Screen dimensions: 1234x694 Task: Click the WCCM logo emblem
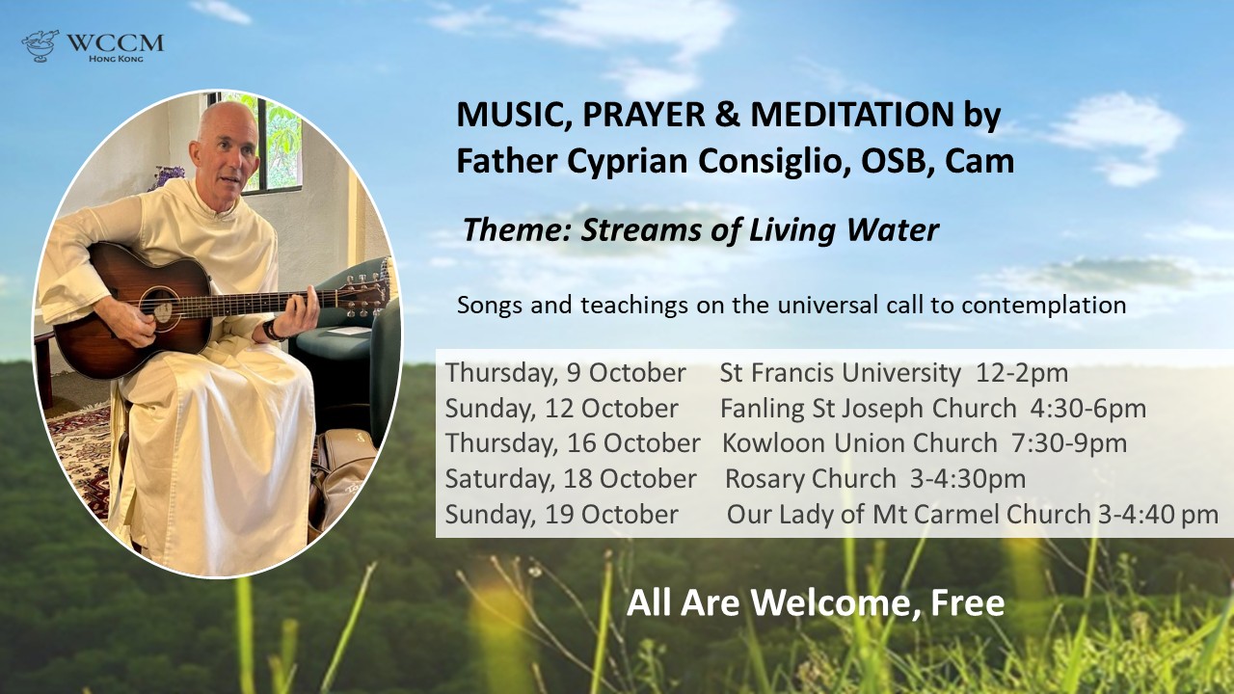point(40,45)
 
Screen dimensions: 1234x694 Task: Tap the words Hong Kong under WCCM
point(116,59)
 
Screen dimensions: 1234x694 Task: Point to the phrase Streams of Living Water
point(760,229)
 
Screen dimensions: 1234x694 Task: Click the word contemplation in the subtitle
point(1043,306)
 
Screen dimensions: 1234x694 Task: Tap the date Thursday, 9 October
point(565,373)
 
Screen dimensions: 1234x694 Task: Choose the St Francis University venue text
point(840,373)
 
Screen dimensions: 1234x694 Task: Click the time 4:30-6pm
point(1088,408)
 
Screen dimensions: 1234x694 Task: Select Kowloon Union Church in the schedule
point(859,442)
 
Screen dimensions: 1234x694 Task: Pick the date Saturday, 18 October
point(571,479)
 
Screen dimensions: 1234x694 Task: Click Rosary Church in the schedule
point(811,479)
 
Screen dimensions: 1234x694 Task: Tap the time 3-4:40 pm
point(1158,515)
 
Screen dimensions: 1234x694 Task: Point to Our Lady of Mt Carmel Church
point(908,515)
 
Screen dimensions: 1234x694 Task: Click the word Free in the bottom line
point(968,602)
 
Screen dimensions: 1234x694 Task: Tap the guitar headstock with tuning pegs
point(364,296)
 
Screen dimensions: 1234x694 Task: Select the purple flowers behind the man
point(167,176)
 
